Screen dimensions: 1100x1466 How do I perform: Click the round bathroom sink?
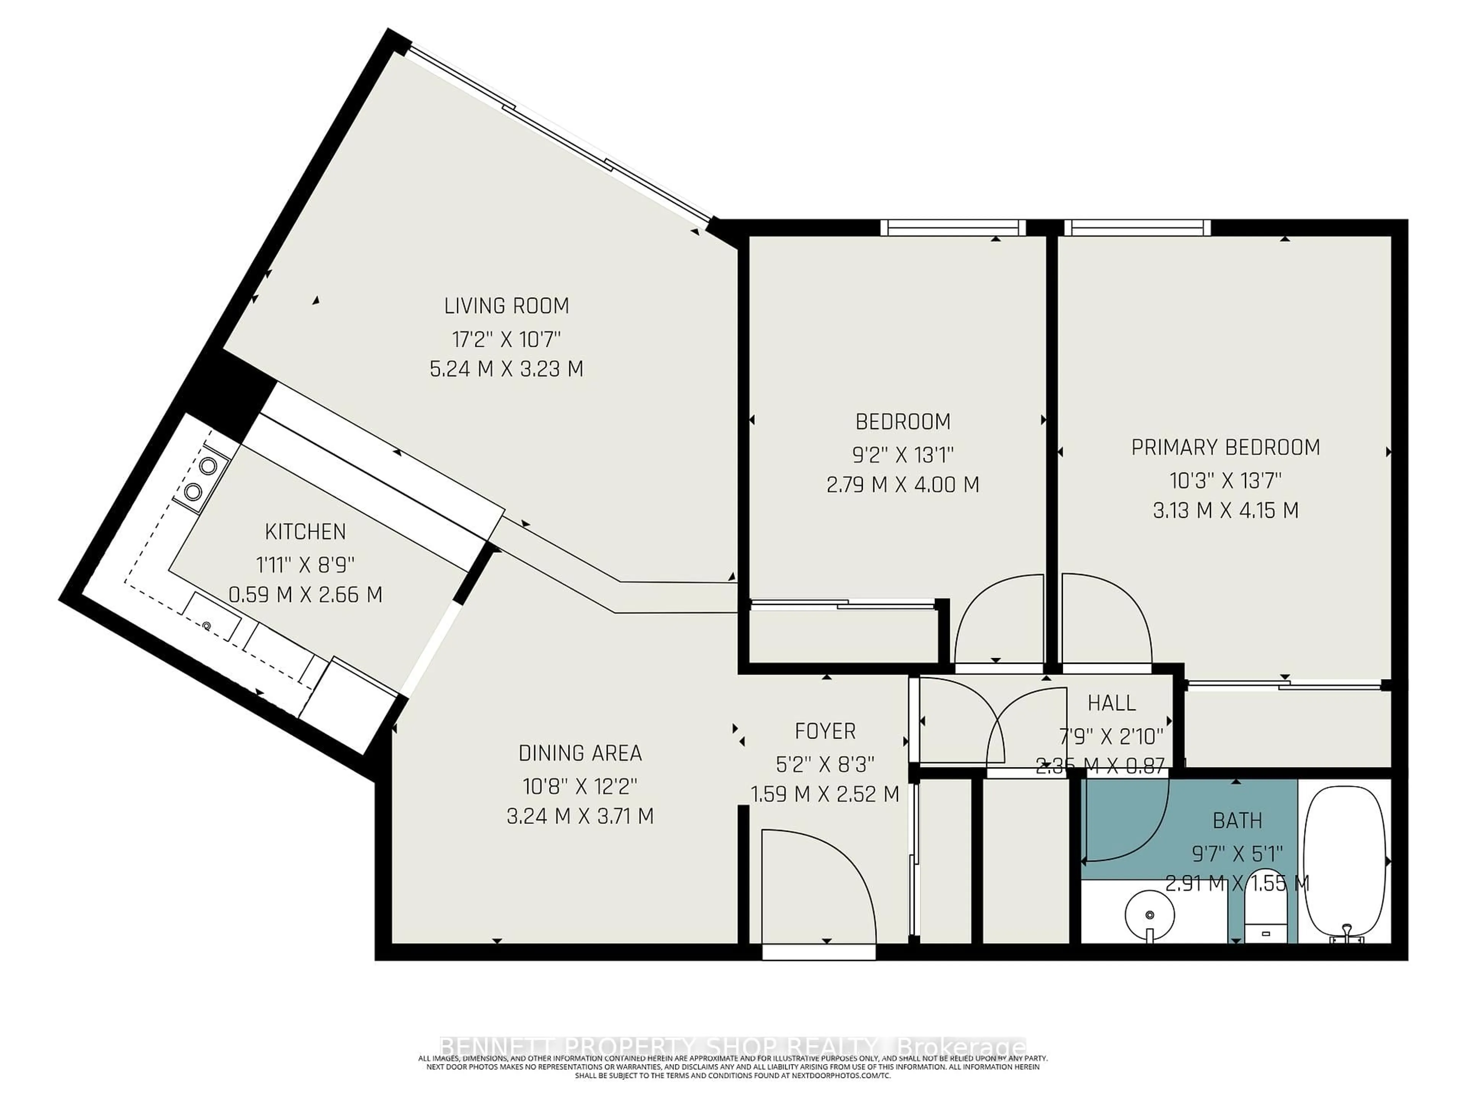1150,915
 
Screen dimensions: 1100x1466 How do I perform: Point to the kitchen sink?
212,616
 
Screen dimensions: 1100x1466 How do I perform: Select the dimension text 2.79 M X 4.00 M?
903,485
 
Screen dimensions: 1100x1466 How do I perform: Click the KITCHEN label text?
305,532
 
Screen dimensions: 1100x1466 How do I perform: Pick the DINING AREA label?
580,753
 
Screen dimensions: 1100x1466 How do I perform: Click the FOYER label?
825,731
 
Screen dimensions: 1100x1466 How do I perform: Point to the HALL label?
1111,703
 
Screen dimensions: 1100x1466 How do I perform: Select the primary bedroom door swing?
1103,620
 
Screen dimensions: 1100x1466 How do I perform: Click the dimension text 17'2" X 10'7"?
506,340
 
